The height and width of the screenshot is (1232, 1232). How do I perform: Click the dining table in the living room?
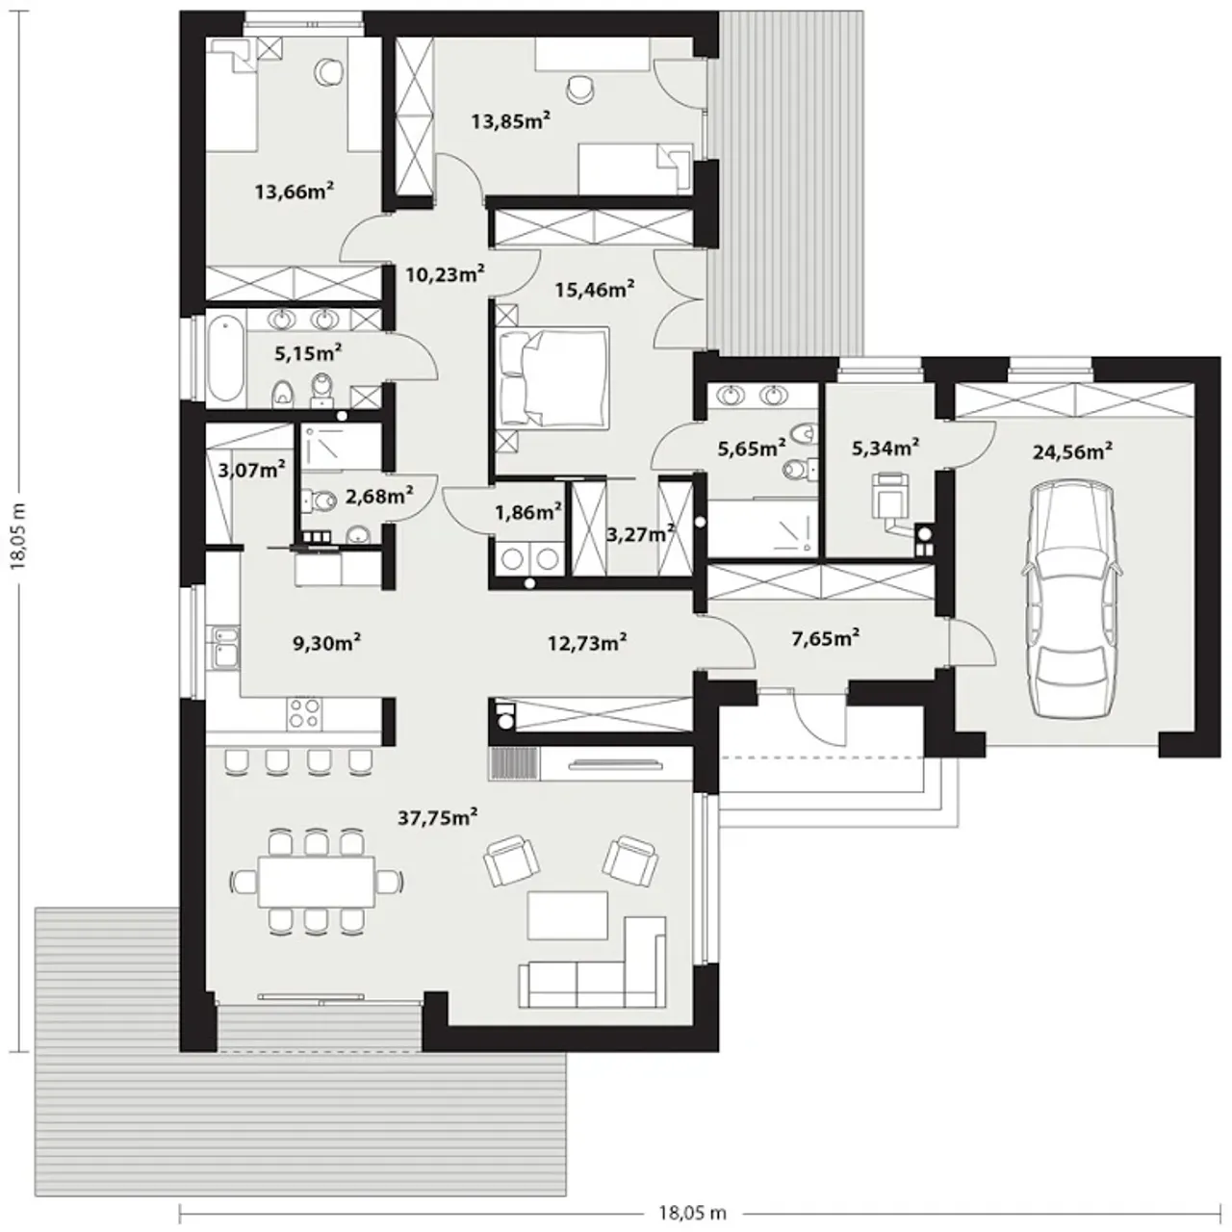pyautogui.click(x=316, y=882)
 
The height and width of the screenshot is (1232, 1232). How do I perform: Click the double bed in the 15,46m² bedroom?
pyautogui.click(x=553, y=376)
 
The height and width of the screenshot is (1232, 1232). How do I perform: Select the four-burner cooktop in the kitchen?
pyautogui.click(x=304, y=713)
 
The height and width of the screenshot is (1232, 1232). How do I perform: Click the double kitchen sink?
pyautogui.click(x=225, y=648)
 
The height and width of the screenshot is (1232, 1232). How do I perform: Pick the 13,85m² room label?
pyautogui.click(x=511, y=120)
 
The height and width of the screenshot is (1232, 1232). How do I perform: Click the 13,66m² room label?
pyautogui.click(x=295, y=191)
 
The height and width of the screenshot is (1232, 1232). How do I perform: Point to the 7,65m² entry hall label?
pyautogui.click(x=825, y=637)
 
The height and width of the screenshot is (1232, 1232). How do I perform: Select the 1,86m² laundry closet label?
pyautogui.click(x=528, y=511)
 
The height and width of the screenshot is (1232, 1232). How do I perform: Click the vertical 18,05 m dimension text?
pyautogui.click(x=19, y=534)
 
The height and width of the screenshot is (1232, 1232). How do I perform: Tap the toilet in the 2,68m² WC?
pyautogui.click(x=321, y=500)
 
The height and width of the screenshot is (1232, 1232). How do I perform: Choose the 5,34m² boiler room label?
pyautogui.click(x=885, y=448)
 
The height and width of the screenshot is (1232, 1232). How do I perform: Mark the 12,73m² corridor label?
pyautogui.click(x=587, y=641)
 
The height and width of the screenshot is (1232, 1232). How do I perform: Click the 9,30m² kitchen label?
pyautogui.click(x=326, y=643)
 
